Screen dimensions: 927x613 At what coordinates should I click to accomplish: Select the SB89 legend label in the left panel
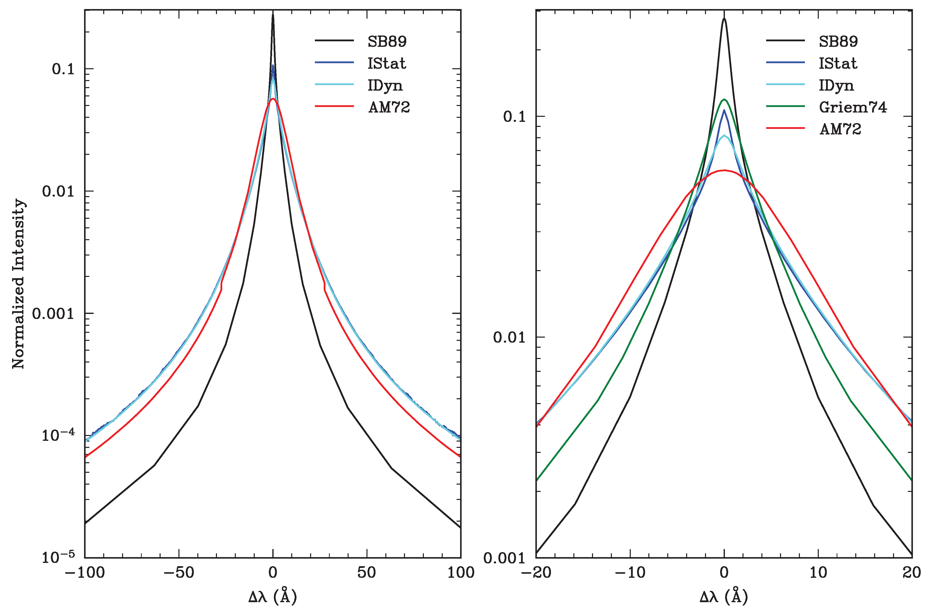(x=387, y=42)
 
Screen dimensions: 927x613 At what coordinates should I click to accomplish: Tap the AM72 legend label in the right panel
(x=840, y=129)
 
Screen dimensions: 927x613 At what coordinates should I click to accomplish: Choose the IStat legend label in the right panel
(x=838, y=63)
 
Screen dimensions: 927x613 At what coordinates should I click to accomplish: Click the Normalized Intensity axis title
(x=18, y=283)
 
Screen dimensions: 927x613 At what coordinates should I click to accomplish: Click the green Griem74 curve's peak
(x=724, y=99)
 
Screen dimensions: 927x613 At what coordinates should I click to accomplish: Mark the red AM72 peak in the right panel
(x=724, y=170)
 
